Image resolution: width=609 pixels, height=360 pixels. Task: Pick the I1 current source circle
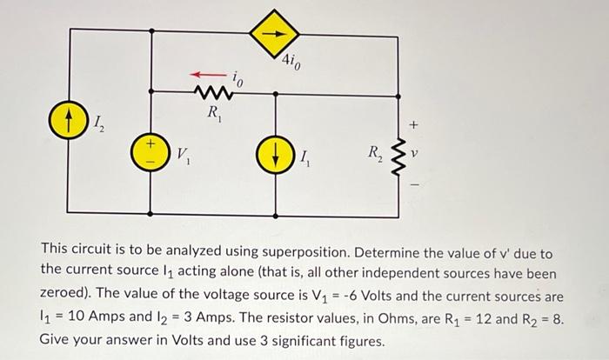click(x=276, y=158)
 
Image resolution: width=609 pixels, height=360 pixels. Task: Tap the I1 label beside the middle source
click(x=306, y=158)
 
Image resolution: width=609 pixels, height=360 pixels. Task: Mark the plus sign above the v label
click(x=414, y=126)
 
